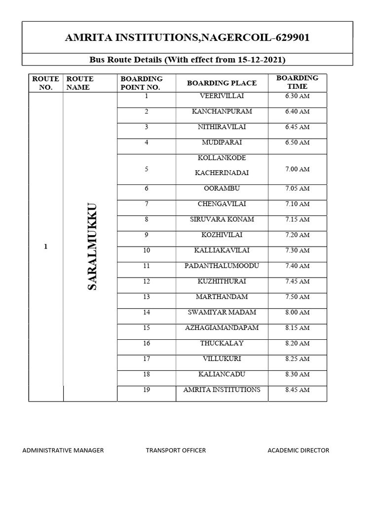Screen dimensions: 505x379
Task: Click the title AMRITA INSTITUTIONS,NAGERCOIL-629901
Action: pos(187,37)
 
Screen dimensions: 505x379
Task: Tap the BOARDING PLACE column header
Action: pos(222,83)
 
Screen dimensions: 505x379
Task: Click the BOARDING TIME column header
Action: pos(297,82)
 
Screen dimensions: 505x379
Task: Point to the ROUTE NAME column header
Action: pos(79,83)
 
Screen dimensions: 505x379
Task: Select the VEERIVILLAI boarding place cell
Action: pos(222,96)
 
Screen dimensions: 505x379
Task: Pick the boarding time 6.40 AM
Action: pos(297,111)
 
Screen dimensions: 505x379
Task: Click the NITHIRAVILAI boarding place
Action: pos(222,127)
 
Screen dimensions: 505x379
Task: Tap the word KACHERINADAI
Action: pos(222,173)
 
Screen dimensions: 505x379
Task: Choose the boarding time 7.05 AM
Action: pos(297,188)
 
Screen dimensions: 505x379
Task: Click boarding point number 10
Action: pos(147,251)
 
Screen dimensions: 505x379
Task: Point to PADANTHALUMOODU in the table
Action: pos(222,266)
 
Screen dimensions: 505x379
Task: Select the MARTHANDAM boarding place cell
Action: pos(222,297)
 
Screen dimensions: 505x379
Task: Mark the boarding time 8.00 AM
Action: pos(297,313)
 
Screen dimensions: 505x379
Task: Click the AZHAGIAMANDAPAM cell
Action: pos(222,328)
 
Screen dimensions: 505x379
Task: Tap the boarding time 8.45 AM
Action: pos(297,390)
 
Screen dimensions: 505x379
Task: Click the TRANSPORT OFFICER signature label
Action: pos(176,450)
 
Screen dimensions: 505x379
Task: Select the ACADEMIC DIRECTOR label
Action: pos(298,450)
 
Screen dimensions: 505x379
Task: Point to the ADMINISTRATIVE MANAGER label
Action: pos(63,450)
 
